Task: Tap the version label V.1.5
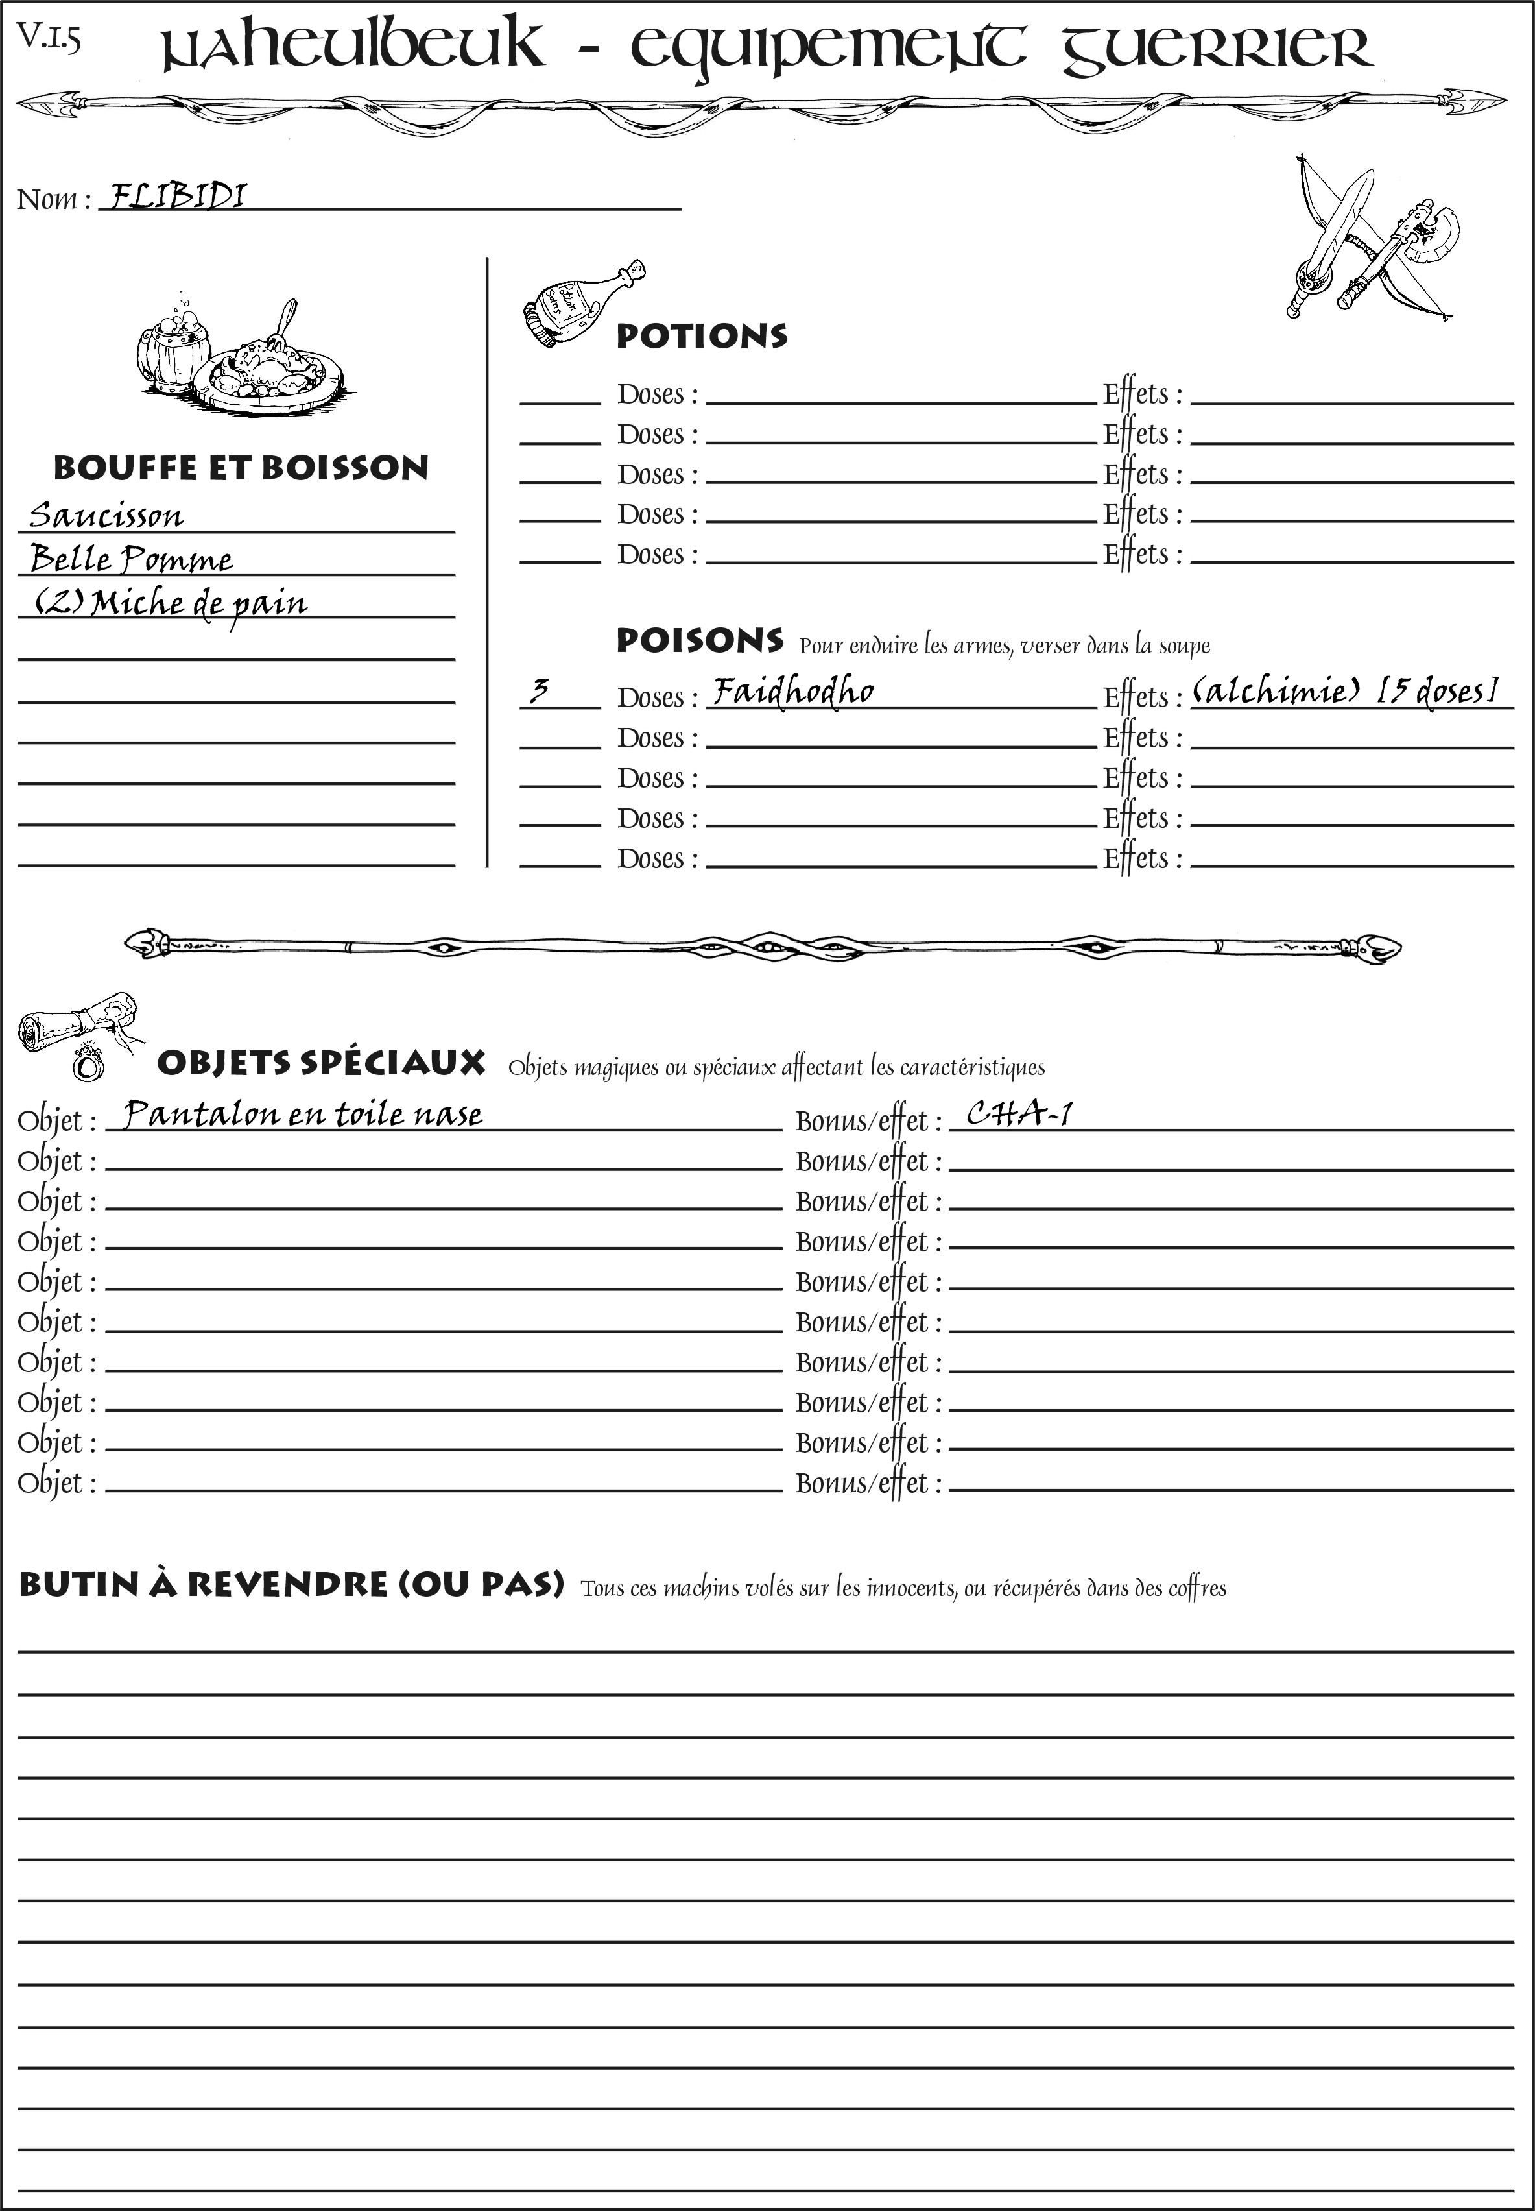tap(48, 40)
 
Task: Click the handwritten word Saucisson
tap(106, 516)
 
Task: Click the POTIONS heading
tap(701, 336)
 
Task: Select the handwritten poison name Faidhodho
tap(794, 691)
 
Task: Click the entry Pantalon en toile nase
tap(303, 1114)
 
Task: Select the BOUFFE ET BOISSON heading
tap(241, 468)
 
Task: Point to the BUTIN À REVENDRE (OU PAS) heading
tap(291, 1585)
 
